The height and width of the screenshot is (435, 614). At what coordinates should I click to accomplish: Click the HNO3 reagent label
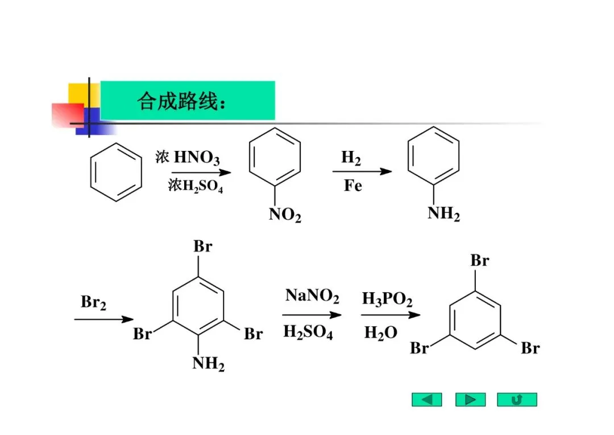pyautogui.click(x=196, y=157)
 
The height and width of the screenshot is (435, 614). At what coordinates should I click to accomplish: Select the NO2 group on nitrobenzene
pyautogui.click(x=285, y=216)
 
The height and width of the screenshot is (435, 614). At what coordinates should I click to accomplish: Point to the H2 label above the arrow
pyautogui.click(x=351, y=158)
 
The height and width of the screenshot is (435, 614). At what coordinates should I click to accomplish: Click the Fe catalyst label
pyautogui.click(x=352, y=186)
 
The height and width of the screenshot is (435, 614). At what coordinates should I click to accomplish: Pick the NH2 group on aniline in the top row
pyautogui.click(x=443, y=214)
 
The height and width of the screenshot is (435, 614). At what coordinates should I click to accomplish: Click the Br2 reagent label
pyautogui.click(x=93, y=302)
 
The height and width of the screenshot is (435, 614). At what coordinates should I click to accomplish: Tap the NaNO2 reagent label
pyautogui.click(x=312, y=296)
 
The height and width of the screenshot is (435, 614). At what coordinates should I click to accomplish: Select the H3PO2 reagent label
pyautogui.click(x=387, y=298)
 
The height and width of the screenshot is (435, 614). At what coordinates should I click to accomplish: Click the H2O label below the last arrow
pyautogui.click(x=380, y=333)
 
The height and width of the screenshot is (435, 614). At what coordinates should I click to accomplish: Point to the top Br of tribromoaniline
pyautogui.click(x=202, y=247)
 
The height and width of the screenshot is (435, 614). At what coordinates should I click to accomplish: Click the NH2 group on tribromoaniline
pyautogui.click(x=208, y=363)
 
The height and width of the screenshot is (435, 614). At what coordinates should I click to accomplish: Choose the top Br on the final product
pyautogui.click(x=479, y=261)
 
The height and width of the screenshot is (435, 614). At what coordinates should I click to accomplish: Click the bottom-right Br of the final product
pyautogui.click(x=529, y=348)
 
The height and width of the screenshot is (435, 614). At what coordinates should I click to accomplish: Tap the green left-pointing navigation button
pyautogui.click(x=426, y=400)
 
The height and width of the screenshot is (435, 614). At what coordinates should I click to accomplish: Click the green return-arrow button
pyautogui.click(x=516, y=400)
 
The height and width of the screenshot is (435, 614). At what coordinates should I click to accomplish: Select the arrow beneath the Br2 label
pyautogui.click(x=103, y=319)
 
